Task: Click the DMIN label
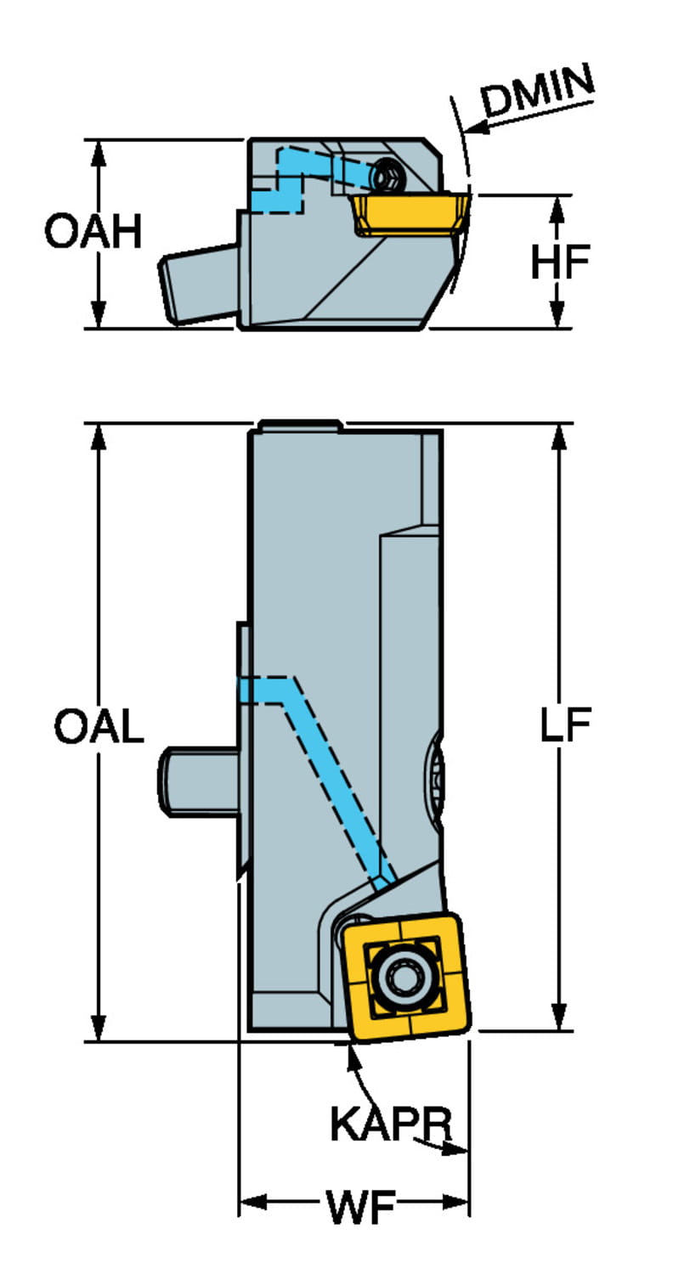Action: click(x=538, y=91)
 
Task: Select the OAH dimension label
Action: click(x=93, y=232)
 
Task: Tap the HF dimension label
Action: click(x=559, y=262)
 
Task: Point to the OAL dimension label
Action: click(x=99, y=727)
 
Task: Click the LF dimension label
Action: click(x=565, y=726)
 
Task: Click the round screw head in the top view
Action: click(x=387, y=176)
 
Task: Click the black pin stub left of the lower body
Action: click(x=200, y=781)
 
